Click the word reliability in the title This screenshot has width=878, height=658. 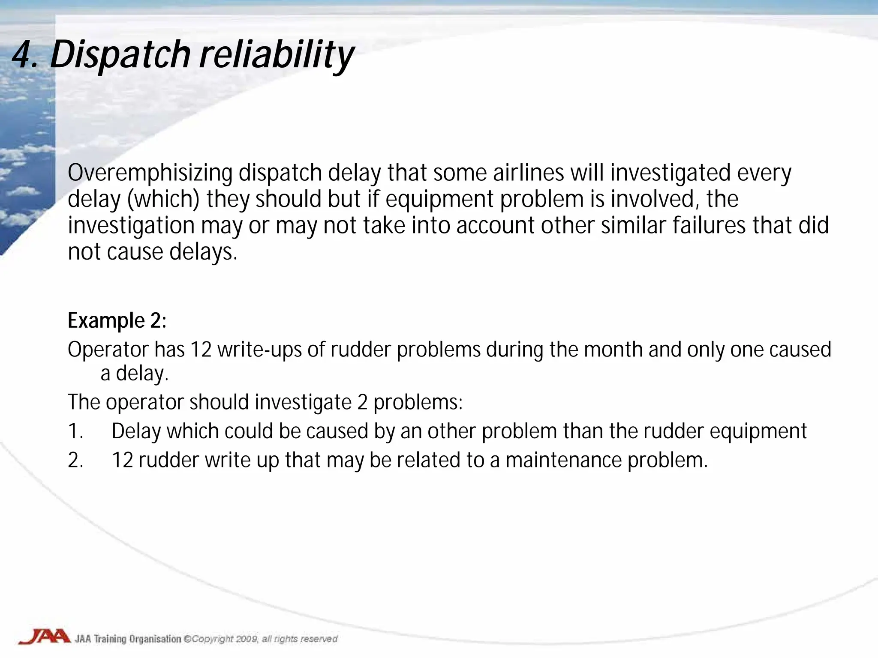(277, 56)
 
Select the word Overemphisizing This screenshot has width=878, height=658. (150, 173)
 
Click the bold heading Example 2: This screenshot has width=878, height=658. (117, 320)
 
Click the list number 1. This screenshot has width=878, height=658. (75, 431)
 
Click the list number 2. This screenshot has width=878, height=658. (75, 460)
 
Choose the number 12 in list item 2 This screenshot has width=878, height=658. (123, 460)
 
